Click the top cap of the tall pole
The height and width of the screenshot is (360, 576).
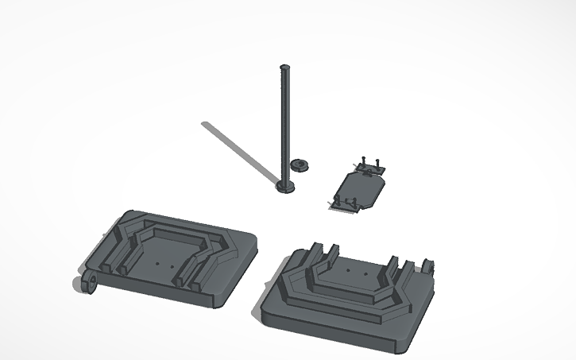(284, 67)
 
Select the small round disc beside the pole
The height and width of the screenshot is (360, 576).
(300, 165)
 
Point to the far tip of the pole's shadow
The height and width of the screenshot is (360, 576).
(205, 125)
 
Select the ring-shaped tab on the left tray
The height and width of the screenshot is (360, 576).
(91, 282)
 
